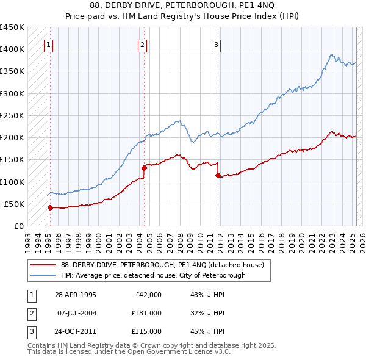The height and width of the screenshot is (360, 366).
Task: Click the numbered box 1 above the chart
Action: pyautogui.click(x=48, y=44)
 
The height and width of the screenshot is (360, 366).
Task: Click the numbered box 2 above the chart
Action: pyautogui.click(x=142, y=44)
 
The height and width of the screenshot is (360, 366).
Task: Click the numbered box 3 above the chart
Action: pyautogui.click(x=216, y=44)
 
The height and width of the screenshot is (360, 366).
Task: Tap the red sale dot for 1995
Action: pyautogui.click(x=50, y=207)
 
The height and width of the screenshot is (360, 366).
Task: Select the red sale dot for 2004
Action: pyautogui.click(x=144, y=168)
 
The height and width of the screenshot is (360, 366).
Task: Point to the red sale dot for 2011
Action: pyautogui.click(x=218, y=175)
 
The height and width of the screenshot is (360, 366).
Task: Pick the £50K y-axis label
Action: pyautogui.click(x=14, y=204)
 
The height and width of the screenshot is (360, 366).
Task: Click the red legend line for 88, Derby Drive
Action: pyautogui.click(x=43, y=265)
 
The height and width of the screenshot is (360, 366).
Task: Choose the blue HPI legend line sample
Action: pyautogui.click(x=43, y=275)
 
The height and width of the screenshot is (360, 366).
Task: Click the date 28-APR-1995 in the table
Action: pyautogui.click(x=76, y=295)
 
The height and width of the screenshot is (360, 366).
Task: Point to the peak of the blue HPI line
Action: pyautogui.click(x=331, y=54)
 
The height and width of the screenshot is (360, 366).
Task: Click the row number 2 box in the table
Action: pyautogui.click(x=30, y=313)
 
